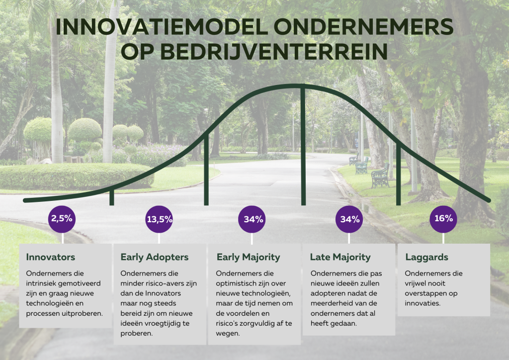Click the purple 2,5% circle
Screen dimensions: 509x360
click(62, 219)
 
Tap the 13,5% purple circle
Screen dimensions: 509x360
click(159, 219)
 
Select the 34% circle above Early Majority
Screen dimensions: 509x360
click(252, 219)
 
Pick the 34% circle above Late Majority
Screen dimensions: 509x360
click(349, 219)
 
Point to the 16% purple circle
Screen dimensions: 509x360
click(443, 219)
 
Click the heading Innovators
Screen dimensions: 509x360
click(50, 257)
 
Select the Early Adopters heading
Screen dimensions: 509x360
click(155, 258)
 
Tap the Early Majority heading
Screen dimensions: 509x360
click(249, 258)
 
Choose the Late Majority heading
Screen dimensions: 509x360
click(340, 258)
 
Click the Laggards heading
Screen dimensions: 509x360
click(426, 258)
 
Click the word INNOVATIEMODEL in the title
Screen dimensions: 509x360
click(162, 27)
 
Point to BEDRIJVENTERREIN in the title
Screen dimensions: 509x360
click(274, 52)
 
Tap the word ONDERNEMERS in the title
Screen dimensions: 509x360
click(363, 27)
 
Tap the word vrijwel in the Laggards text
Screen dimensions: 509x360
click(416, 283)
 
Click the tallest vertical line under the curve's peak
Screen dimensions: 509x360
click(303, 145)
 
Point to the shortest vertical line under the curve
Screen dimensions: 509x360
click(112, 197)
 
